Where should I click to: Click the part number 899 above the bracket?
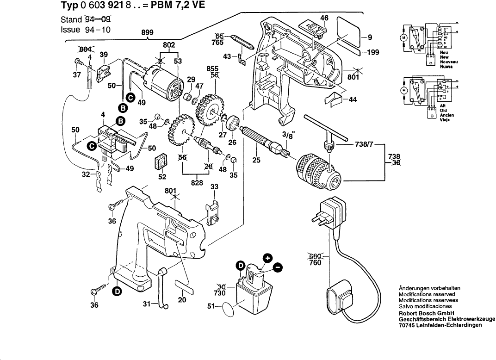(148, 32)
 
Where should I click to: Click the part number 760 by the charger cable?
(315, 263)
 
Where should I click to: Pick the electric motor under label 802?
(162, 81)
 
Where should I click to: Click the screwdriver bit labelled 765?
(243, 43)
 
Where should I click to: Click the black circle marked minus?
(278, 267)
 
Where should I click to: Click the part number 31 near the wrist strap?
(147, 304)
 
